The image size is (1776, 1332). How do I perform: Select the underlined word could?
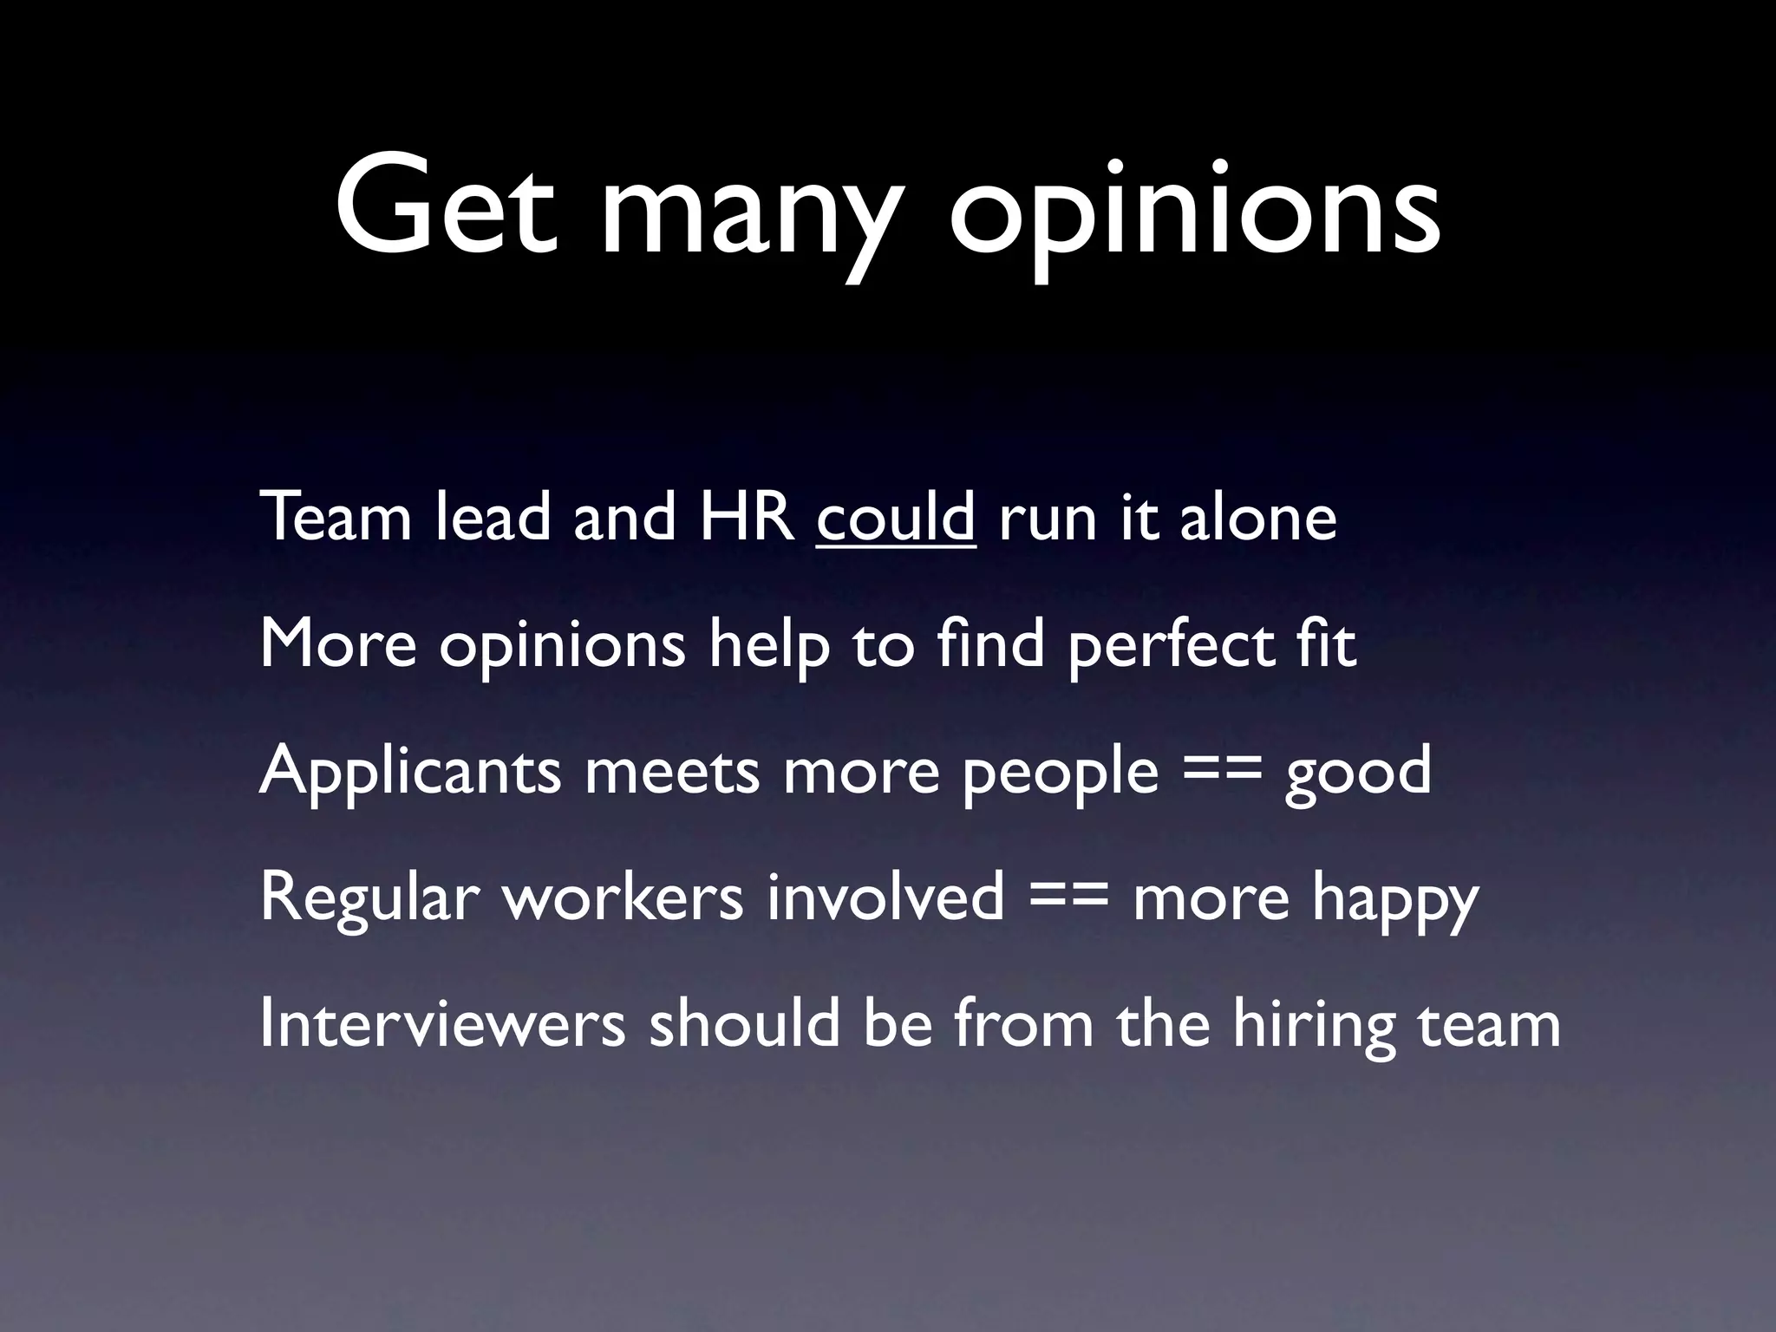coord(896,518)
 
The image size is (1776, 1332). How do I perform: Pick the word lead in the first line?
coord(493,518)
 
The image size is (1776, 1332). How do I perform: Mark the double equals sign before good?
coord(1221,772)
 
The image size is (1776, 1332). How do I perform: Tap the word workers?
coord(623,897)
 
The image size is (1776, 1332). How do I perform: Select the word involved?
coord(885,897)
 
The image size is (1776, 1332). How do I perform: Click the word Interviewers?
coord(442,1023)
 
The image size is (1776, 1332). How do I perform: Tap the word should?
coord(745,1023)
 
